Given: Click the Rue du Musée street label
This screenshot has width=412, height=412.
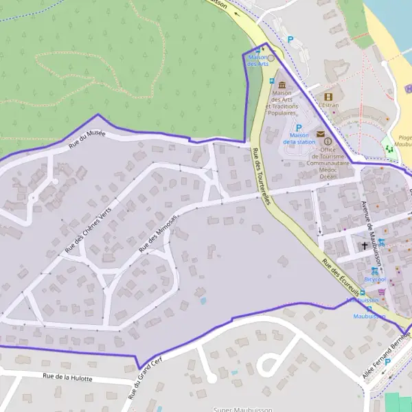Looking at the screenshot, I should [87, 138].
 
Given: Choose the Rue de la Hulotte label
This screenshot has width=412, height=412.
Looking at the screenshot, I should [67, 377].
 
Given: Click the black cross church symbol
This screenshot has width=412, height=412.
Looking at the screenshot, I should [364, 245].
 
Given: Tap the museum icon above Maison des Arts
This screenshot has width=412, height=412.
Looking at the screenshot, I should [282, 84].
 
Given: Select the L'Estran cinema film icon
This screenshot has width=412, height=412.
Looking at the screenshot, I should [328, 97].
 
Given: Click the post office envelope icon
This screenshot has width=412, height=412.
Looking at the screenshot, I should [321, 134].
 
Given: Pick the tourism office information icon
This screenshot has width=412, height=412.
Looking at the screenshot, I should [328, 141].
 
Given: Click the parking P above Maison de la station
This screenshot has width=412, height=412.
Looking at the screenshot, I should [299, 127].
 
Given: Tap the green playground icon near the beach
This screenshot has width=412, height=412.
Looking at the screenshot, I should [389, 147].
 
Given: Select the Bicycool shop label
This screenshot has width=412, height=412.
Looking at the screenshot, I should [375, 279].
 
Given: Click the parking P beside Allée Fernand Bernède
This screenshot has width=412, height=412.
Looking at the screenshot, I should [387, 362].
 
